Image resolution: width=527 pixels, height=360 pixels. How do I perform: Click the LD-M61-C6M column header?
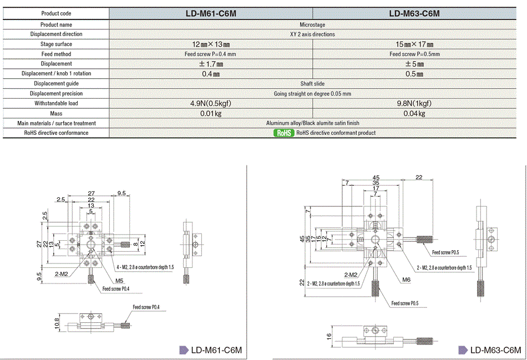(211, 13)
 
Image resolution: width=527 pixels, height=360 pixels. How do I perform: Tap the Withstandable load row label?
(56, 103)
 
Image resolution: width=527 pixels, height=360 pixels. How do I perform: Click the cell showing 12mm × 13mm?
(211, 44)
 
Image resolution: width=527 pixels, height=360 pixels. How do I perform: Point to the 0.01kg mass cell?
(211, 113)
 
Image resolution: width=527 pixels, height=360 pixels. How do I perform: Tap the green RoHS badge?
(283, 133)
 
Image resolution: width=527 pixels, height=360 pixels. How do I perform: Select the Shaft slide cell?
(313, 84)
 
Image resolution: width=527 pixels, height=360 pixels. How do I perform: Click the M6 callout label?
(407, 280)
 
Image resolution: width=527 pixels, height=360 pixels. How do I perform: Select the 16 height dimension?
(329, 337)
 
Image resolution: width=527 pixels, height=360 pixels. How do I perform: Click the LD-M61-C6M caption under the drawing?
(216, 350)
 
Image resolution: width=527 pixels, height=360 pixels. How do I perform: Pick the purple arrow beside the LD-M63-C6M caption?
(462, 350)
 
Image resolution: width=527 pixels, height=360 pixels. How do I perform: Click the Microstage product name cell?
(313, 24)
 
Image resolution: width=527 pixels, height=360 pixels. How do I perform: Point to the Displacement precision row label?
(56, 94)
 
